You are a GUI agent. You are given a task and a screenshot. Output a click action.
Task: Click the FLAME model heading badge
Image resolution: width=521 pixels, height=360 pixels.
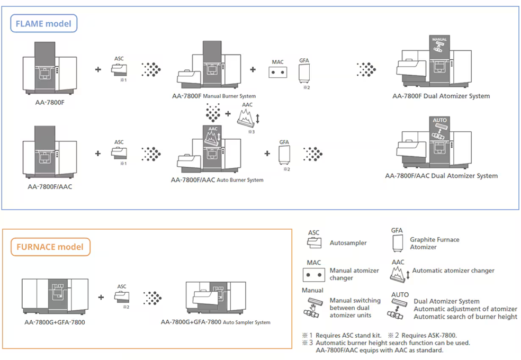tap(44, 23)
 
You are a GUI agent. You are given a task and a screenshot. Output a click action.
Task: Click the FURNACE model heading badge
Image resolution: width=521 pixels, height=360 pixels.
tap(51, 247)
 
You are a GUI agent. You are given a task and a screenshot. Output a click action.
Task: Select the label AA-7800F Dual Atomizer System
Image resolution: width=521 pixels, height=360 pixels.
tap(441, 96)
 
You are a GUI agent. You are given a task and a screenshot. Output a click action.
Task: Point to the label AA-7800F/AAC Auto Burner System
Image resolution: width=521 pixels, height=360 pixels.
tap(217, 180)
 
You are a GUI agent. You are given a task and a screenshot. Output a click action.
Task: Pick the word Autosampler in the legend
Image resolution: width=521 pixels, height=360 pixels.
tap(348, 243)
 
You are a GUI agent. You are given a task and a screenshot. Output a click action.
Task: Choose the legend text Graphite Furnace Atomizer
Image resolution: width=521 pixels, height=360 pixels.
tap(434, 244)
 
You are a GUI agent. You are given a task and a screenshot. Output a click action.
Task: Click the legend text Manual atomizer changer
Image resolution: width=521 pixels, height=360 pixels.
tap(354, 274)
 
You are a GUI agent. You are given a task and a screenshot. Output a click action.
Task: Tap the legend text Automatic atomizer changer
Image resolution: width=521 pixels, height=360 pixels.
tap(453, 271)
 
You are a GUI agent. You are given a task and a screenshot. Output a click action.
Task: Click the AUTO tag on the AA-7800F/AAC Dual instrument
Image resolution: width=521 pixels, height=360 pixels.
tap(440, 120)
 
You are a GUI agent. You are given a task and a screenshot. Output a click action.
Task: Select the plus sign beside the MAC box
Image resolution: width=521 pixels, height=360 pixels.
tap(253, 69)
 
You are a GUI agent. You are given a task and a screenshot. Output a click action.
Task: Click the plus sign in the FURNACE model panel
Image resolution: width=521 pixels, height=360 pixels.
tap(101, 297)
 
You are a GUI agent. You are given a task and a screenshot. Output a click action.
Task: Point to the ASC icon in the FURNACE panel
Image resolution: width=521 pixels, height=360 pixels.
tap(122, 296)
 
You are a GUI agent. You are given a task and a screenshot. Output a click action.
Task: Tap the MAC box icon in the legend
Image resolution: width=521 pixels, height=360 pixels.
tap(314, 275)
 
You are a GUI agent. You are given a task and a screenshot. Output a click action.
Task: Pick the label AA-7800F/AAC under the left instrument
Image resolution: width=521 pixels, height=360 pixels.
tap(50, 186)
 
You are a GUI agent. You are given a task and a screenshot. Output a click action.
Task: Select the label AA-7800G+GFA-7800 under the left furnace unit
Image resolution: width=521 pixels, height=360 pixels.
tap(55, 322)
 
